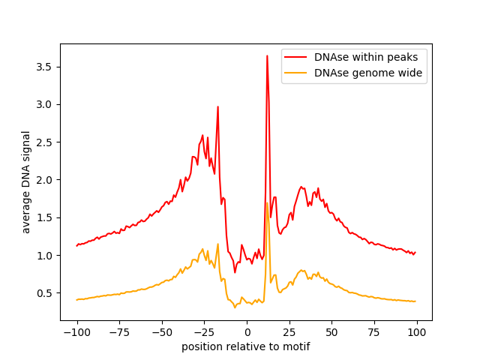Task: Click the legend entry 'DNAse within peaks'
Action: click(x=366, y=57)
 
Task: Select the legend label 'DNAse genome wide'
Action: click(x=368, y=73)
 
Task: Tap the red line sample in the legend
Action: click(x=295, y=57)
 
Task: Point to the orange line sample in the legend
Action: click(x=295, y=73)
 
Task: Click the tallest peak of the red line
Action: click(x=267, y=55)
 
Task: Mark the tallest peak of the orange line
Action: click(x=267, y=202)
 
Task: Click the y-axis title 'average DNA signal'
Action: click(x=26, y=182)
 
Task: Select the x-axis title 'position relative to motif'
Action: click(x=246, y=346)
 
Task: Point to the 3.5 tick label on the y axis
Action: click(x=44, y=67)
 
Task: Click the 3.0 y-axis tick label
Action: click(x=44, y=105)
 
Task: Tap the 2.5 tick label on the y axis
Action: click(x=44, y=142)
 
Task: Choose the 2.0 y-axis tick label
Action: click(x=44, y=180)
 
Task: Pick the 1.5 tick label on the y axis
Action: click(x=44, y=217)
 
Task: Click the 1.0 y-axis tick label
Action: click(x=44, y=256)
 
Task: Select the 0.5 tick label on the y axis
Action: click(x=44, y=293)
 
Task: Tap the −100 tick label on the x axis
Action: click(x=76, y=332)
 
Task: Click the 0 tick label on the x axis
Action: click(x=247, y=332)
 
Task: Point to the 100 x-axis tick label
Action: click(x=417, y=332)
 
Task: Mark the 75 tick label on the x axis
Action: click(x=374, y=332)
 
